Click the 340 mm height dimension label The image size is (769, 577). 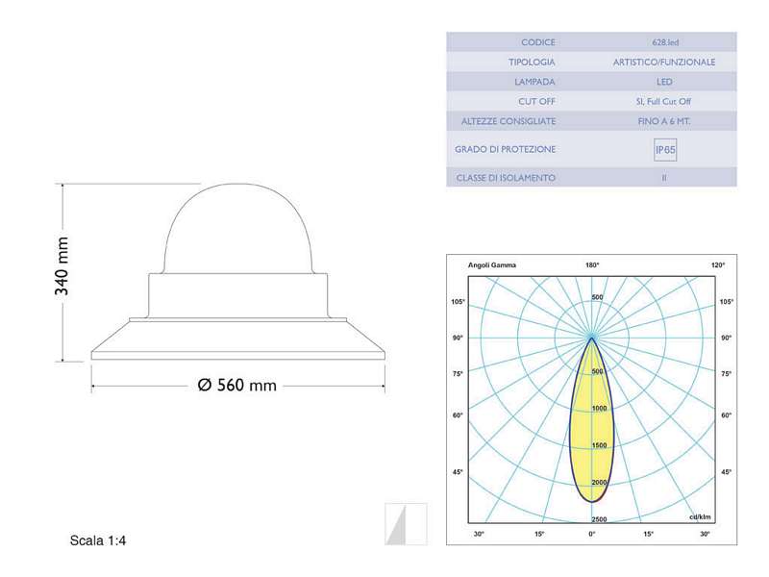(62, 266)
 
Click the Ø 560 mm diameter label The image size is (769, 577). (237, 386)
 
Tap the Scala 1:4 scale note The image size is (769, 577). (98, 540)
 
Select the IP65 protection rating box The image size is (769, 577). (665, 150)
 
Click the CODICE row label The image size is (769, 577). (538, 42)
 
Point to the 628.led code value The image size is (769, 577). (665, 42)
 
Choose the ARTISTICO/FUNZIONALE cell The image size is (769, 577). (664, 63)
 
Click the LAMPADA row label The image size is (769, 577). (534, 82)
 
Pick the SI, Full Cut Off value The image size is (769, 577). (663, 102)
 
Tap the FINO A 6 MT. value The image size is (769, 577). (664, 121)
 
